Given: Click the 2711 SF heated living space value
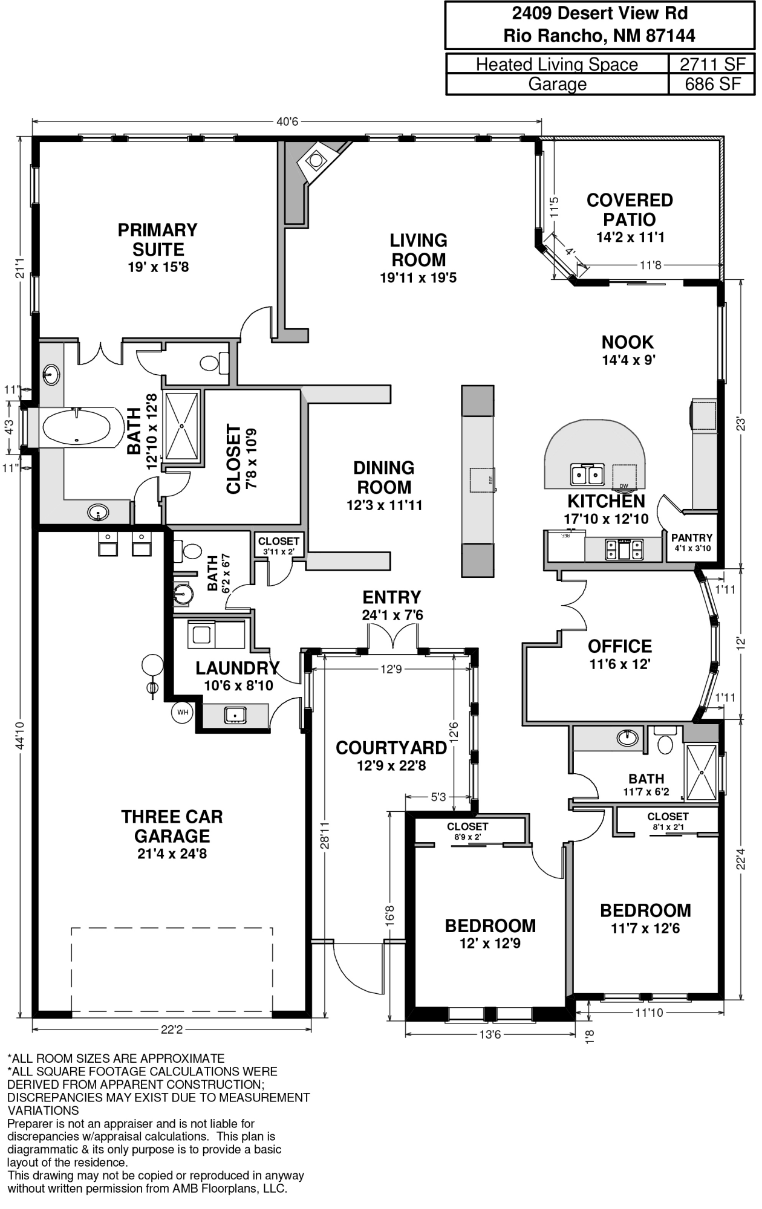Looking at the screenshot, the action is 712,64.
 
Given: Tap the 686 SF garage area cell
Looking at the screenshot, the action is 712,84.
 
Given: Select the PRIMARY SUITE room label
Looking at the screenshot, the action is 158,239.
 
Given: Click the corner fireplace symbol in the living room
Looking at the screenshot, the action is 316,160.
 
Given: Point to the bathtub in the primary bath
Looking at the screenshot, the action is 76,428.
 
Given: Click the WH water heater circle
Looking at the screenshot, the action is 183,713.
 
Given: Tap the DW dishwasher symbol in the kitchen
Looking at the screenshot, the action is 624,476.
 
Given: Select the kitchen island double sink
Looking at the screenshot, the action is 587,475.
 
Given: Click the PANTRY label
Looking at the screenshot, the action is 692,538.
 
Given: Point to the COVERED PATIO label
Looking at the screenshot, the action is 630,210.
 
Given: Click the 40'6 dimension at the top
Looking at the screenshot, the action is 287,122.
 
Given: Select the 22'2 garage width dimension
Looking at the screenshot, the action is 172,1029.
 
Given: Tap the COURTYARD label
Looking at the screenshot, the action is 391,748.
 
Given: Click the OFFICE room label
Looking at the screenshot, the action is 620,646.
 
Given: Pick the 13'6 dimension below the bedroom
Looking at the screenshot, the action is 490,1034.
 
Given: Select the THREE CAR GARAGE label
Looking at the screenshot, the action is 172,826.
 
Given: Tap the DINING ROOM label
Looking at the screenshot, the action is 384,478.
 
